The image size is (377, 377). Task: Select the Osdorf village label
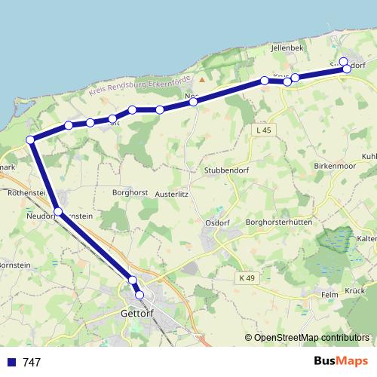217,223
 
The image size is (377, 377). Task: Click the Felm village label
330,295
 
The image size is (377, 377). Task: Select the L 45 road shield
262,130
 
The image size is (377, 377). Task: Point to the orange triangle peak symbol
202,78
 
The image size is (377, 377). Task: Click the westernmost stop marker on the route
31,139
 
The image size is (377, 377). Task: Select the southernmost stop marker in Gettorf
139,294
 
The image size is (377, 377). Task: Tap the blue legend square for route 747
11,363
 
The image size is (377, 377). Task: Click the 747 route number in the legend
32,363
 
